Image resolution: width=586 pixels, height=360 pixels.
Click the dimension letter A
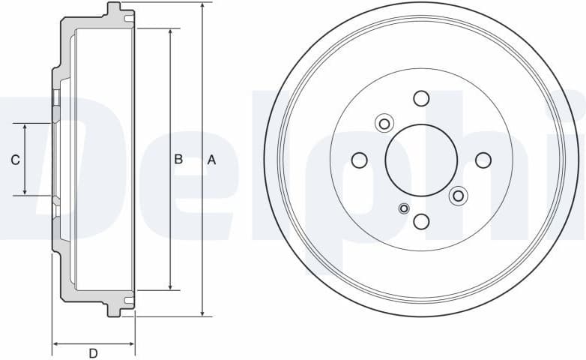pyautogui.click(x=211, y=159)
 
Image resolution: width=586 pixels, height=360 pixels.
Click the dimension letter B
pyautogui.click(x=178, y=159)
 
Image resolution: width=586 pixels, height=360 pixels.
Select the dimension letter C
pyautogui.click(x=14, y=159)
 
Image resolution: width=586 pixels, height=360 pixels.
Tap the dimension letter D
pyautogui.click(x=93, y=353)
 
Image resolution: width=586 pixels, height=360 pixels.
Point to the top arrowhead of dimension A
pyautogui.click(x=202, y=7)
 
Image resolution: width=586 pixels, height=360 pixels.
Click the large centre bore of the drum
pyautogui.click(x=421, y=160)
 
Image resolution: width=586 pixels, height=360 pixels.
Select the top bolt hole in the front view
pyautogui.click(x=421, y=98)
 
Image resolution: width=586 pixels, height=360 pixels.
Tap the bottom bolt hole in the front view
pyautogui.click(x=421, y=221)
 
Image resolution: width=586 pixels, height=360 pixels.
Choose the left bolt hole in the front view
pyautogui.click(x=360, y=160)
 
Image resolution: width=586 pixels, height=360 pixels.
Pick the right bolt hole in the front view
pyautogui.click(x=483, y=160)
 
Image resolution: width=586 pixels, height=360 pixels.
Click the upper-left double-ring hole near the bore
pyautogui.click(x=384, y=123)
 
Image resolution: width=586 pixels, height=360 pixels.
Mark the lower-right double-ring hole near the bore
pyautogui.click(x=458, y=196)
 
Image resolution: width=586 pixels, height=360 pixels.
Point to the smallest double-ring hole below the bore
pyautogui.click(x=405, y=208)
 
